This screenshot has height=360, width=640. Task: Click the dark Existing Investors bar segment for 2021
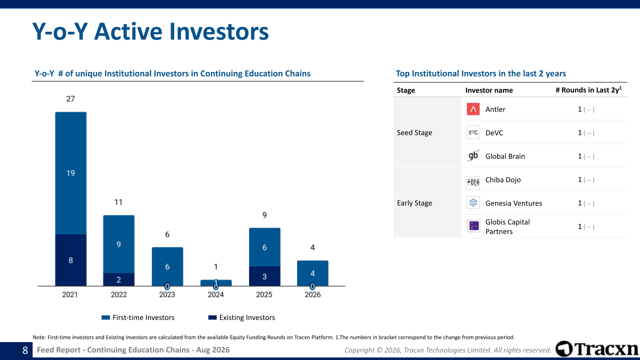(x=70, y=260)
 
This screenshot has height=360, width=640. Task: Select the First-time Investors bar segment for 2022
(x=118, y=244)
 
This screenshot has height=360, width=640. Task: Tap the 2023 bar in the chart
(x=167, y=266)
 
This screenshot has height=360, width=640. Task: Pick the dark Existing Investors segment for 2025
(x=264, y=276)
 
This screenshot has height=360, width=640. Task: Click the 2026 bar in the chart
(x=312, y=273)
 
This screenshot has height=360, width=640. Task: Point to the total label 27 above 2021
(x=70, y=99)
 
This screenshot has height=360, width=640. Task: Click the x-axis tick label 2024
(x=215, y=294)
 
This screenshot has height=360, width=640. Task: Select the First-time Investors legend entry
(x=138, y=317)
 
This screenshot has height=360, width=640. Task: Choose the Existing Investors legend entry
(x=241, y=317)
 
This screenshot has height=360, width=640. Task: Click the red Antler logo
(x=473, y=109)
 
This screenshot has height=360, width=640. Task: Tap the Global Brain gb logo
(x=473, y=156)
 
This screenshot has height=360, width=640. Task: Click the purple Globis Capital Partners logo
(x=473, y=226)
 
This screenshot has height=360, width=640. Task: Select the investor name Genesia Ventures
(x=513, y=203)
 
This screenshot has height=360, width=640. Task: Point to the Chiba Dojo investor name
(x=503, y=179)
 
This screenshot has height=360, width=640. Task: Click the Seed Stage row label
(x=414, y=132)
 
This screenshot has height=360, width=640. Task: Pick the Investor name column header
(x=489, y=90)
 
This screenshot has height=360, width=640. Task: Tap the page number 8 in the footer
(x=25, y=350)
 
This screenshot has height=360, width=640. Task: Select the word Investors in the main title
(x=219, y=31)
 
